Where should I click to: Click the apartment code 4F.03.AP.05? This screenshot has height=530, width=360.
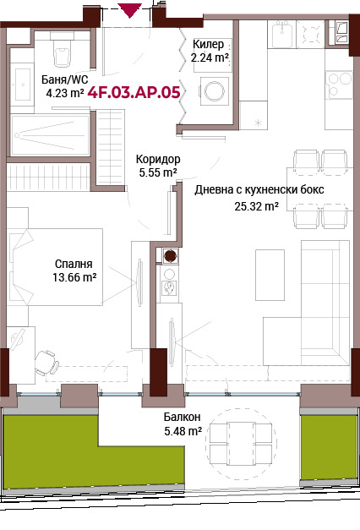[134, 92]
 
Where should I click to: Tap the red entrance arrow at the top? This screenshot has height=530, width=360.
[129, 10]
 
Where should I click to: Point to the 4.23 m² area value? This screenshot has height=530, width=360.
[64, 95]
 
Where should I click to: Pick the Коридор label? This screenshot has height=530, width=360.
[158, 159]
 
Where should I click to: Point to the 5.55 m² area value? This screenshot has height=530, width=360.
[157, 172]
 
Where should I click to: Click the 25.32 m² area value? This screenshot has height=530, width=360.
[258, 205]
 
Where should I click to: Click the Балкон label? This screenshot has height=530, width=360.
[182, 418]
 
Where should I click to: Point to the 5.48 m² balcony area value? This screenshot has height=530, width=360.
[182, 431]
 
